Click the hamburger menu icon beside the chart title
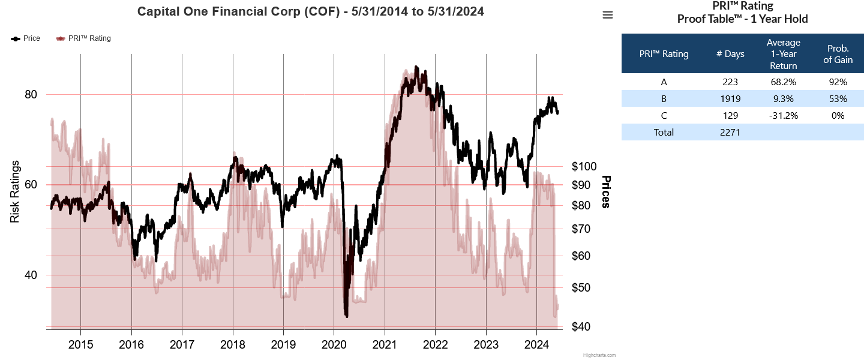click(608, 15)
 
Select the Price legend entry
click(26, 38)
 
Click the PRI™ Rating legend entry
click(83, 38)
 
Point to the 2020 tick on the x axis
click(334, 345)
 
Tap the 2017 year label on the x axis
click(181, 345)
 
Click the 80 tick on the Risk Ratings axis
click(30, 95)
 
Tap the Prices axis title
click(606, 192)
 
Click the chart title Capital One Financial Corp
click(311, 11)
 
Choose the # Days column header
click(730, 54)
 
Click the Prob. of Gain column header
click(838, 54)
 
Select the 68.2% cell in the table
click(784, 82)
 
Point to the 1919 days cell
click(730, 99)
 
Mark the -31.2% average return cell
click(784, 116)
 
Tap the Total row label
click(664, 133)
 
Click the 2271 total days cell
click(730, 133)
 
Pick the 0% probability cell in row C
click(838, 116)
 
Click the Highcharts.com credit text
click(599, 355)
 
